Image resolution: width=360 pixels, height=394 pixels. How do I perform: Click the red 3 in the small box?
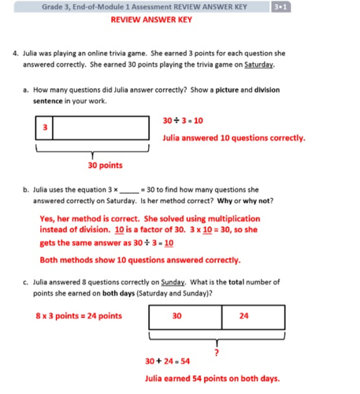(x=44, y=127)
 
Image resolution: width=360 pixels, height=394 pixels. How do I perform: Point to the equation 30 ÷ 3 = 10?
(x=182, y=121)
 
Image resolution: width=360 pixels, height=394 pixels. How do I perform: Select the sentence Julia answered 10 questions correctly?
(x=233, y=138)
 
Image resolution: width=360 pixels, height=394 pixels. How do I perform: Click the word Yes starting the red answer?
(x=47, y=218)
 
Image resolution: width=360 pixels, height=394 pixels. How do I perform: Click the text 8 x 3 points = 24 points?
(x=79, y=316)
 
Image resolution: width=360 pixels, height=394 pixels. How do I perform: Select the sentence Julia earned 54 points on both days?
(x=213, y=379)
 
